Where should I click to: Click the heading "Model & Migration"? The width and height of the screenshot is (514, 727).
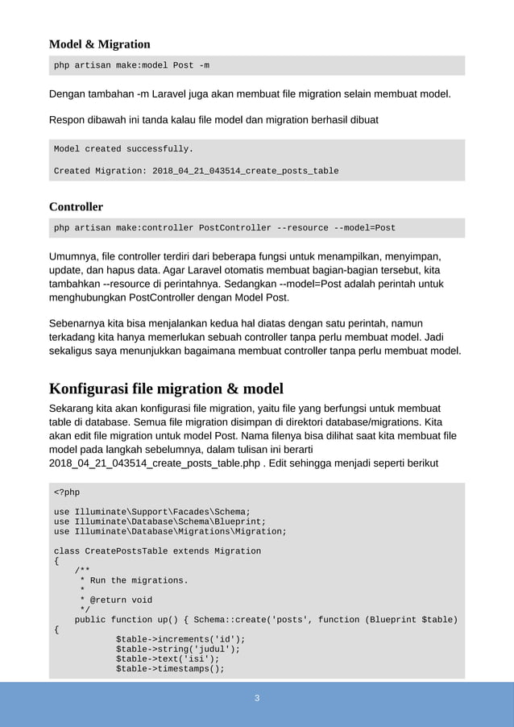point(99,44)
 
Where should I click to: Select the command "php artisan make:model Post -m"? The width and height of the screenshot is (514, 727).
point(132,65)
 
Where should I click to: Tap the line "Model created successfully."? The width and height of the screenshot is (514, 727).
point(123,149)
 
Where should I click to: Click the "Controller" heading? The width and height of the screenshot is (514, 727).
point(76,206)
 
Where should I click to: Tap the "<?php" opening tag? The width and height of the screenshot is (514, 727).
point(67,492)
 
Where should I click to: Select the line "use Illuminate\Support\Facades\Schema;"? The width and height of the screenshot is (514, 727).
point(151,512)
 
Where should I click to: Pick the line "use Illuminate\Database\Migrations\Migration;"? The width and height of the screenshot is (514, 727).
point(170,531)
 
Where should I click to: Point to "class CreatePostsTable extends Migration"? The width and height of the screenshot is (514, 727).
point(157,551)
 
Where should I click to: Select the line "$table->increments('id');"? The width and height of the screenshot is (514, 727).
point(180,639)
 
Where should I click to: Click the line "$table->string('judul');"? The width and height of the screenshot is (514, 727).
point(178,649)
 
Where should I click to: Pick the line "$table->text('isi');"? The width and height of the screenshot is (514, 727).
point(168,658)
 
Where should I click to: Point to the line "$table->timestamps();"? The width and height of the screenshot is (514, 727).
point(170,668)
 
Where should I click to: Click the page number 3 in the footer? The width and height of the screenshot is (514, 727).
point(257,698)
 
